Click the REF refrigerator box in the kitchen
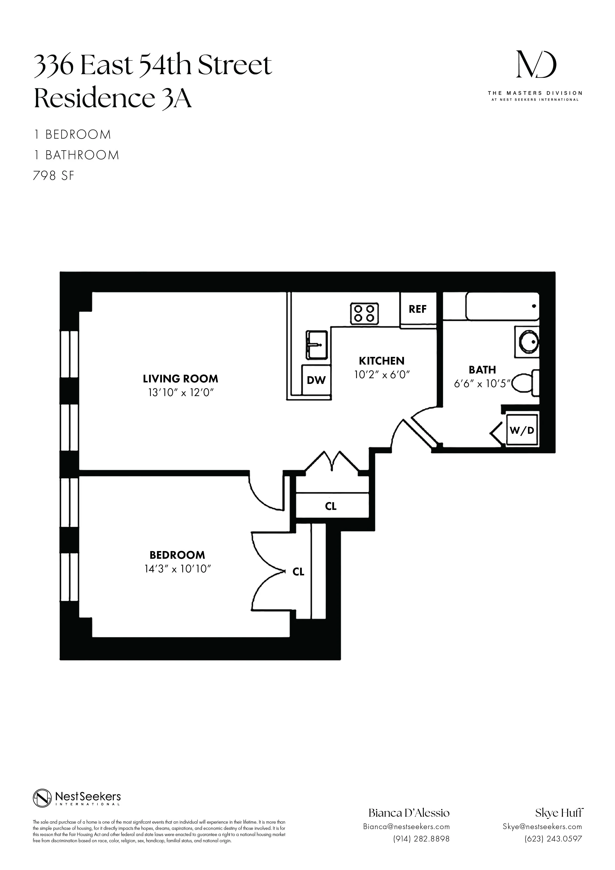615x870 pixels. pyautogui.click(x=418, y=309)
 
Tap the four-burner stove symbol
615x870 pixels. pyautogui.click(x=365, y=314)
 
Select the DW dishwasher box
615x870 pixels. pyautogui.click(x=316, y=380)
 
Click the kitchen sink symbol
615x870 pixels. pyautogui.click(x=317, y=345)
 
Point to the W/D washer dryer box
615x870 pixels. pyautogui.click(x=522, y=430)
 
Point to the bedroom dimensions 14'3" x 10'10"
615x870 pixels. pyautogui.click(x=177, y=569)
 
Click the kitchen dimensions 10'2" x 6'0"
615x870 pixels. pyautogui.click(x=382, y=375)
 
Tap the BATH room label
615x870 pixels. pyautogui.click(x=482, y=370)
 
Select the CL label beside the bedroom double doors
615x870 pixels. pyautogui.click(x=299, y=572)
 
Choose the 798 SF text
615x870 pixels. pyautogui.click(x=54, y=176)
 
